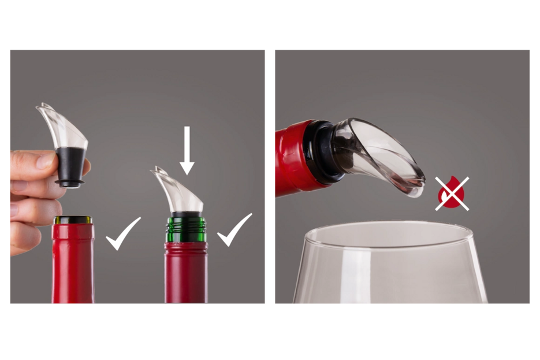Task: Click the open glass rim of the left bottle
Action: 73,220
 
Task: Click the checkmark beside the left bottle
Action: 123,234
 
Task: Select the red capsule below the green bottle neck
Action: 185,272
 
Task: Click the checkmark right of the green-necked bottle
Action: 234,230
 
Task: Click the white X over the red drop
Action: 452,193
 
